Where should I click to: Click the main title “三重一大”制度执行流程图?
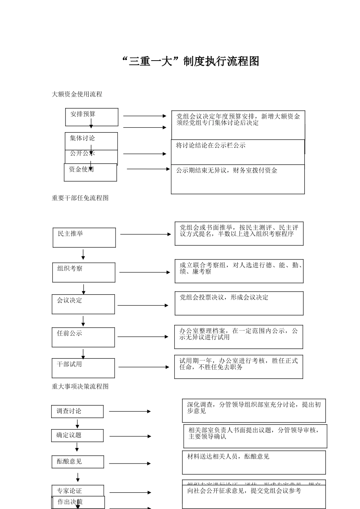191,61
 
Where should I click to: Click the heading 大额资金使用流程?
77,94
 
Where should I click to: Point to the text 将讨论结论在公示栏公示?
211,145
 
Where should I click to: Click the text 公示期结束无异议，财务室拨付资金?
227,171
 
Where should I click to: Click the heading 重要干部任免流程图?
80,198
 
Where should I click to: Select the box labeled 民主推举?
84,237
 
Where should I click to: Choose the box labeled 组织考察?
83,272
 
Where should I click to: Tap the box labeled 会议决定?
83,304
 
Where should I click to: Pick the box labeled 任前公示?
83,337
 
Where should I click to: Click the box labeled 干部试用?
83,368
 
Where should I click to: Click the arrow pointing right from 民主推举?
146,234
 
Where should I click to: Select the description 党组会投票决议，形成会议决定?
224,298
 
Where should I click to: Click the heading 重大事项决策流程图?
80,387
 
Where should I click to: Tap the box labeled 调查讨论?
77,411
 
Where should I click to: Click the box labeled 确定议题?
77,436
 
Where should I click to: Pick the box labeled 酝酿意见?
78,462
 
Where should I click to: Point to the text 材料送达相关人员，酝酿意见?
228,457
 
